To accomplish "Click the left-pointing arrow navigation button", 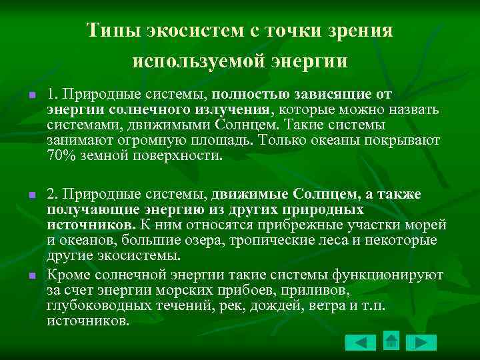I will coord(361,343).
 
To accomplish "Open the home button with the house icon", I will coord(391,341).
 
